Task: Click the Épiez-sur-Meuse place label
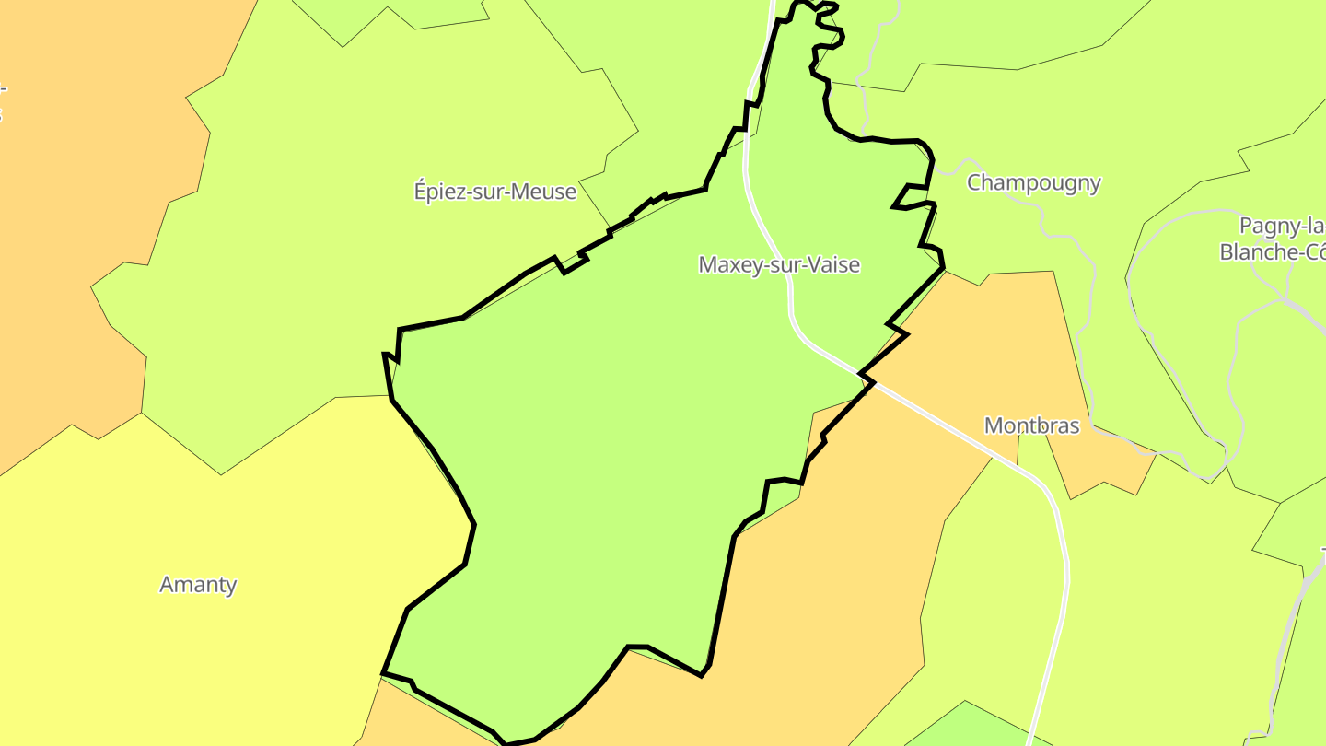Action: [495, 192]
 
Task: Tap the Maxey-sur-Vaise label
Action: [779, 265]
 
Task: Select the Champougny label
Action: [1033, 182]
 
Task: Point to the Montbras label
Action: [1031, 425]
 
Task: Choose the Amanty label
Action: [198, 585]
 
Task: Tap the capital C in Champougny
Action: [974, 182]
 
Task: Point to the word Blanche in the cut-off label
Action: [1257, 251]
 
